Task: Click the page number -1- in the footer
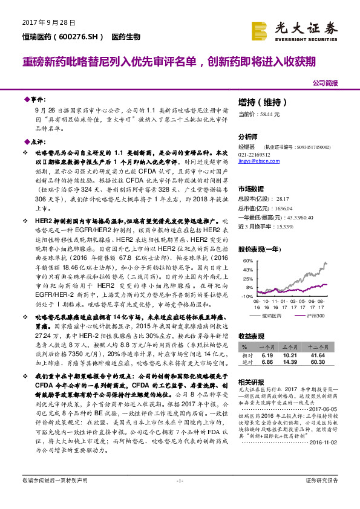coord(180,497)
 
